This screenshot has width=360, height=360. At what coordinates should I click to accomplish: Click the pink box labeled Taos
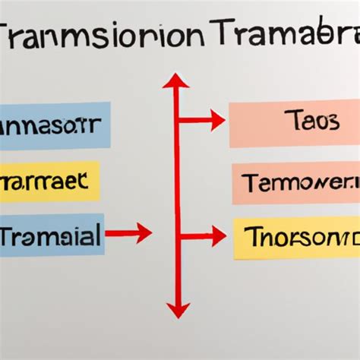click(x=294, y=125)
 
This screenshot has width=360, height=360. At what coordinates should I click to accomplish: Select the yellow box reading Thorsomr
click(x=296, y=237)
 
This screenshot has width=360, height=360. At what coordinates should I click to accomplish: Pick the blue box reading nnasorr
click(x=53, y=125)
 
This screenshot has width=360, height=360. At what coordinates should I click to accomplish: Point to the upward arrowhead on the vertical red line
click(x=176, y=81)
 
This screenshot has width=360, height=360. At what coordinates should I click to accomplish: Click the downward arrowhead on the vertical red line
click(x=177, y=310)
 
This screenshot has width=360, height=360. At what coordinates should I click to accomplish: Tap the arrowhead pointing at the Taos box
click(x=218, y=120)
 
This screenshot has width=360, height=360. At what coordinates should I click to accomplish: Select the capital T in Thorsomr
click(x=251, y=237)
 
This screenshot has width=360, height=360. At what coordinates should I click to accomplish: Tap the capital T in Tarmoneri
click(x=251, y=183)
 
